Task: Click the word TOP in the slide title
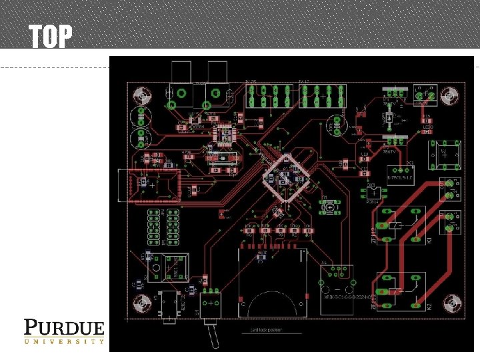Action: tap(50, 37)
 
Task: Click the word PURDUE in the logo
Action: tap(64, 328)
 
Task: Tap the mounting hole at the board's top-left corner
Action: tap(141, 93)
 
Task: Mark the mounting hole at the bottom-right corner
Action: tap(453, 305)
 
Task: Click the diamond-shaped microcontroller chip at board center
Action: tap(287, 176)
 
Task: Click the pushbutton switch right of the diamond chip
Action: tap(329, 208)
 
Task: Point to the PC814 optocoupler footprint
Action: tap(372, 193)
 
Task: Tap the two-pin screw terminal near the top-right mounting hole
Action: tap(424, 95)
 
